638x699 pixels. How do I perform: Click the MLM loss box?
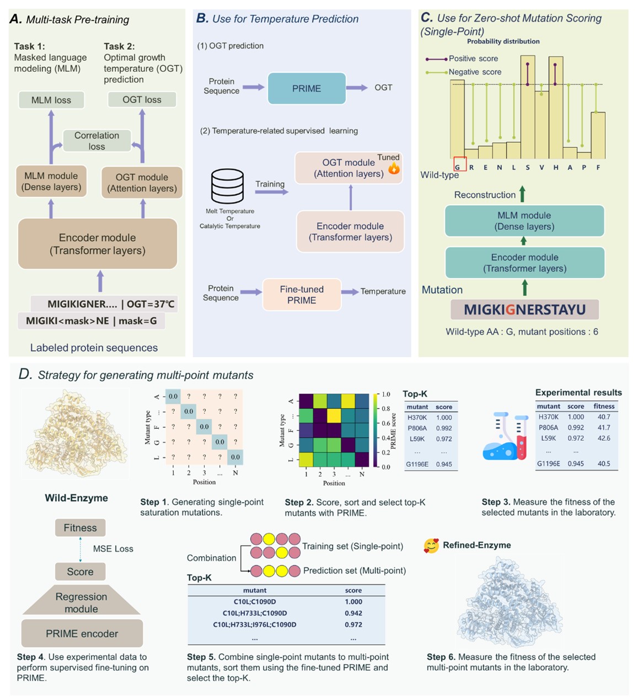click(x=51, y=100)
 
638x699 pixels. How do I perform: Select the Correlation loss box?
click(x=97, y=141)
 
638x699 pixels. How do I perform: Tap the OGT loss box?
click(x=142, y=100)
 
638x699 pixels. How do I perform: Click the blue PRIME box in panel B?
click(x=307, y=88)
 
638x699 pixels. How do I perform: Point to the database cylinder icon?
click(x=228, y=186)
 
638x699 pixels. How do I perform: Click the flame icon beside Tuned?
click(x=394, y=169)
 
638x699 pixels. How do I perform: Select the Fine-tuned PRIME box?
click(x=302, y=295)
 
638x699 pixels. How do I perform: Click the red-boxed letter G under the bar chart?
click(x=458, y=168)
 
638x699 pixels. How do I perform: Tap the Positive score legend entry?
click(x=462, y=58)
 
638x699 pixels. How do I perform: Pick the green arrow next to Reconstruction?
click(x=522, y=194)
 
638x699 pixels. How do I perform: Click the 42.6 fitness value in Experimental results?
click(x=604, y=438)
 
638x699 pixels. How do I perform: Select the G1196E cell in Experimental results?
click(x=549, y=464)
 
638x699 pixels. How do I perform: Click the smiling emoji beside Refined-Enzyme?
click(x=431, y=546)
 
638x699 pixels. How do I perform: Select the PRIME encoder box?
click(x=82, y=633)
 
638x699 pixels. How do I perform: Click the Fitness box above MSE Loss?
click(x=80, y=528)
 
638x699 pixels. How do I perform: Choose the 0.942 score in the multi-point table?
click(x=353, y=613)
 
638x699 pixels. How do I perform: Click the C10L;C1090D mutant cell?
click(x=255, y=602)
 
